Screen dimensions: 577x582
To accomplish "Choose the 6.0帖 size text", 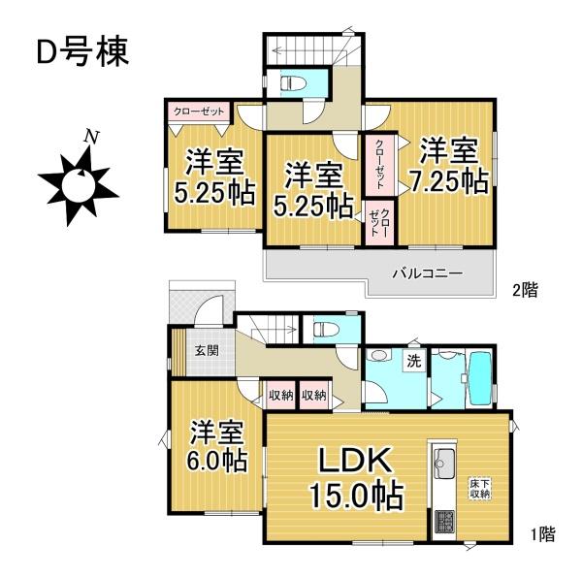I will pyautogui.click(x=216, y=459).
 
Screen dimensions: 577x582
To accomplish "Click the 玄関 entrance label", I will pyautogui.click(x=204, y=351).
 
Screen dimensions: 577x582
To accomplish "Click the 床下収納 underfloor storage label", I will pyautogui.click(x=480, y=487).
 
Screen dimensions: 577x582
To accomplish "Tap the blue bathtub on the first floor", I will pyautogui.click(x=481, y=379).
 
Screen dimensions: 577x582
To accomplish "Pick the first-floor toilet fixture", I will pyautogui.click(x=326, y=331).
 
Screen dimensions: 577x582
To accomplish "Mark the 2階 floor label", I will pyautogui.click(x=526, y=289).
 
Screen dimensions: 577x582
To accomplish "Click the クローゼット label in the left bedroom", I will pyautogui.click(x=199, y=112).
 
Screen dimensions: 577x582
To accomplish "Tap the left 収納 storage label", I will pyautogui.click(x=281, y=395).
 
